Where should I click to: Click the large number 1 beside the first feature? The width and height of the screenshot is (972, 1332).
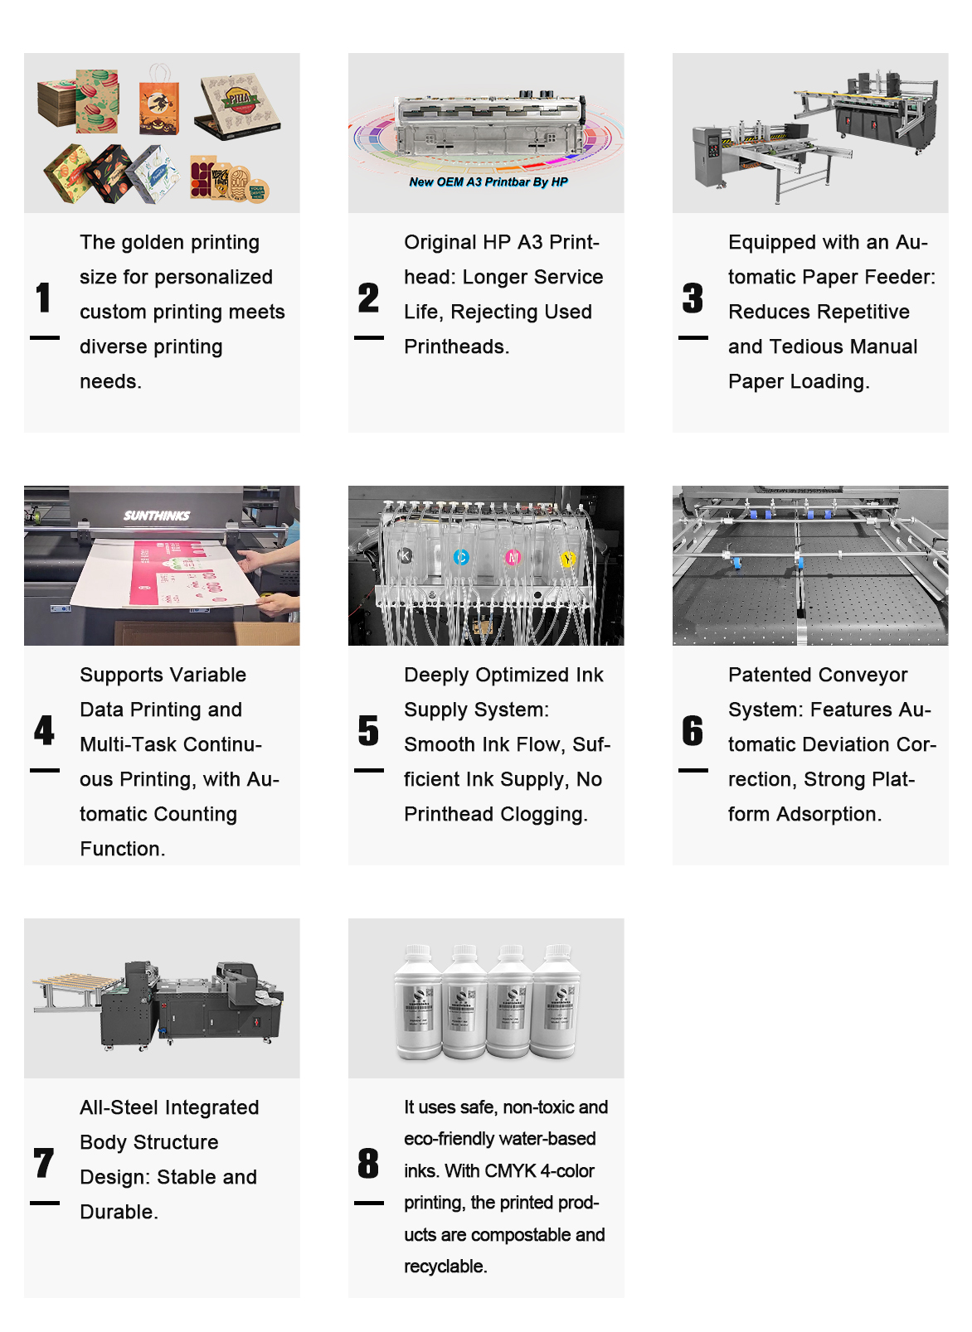(44, 298)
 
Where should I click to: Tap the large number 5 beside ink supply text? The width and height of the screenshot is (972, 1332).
(368, 730)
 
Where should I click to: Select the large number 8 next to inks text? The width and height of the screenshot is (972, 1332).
(368, 1163)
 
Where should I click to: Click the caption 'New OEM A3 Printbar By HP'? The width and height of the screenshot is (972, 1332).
(488, 182)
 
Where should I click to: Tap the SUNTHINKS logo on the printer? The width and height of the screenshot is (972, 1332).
(157, 516)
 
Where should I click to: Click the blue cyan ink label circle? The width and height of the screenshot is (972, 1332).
(461, 558)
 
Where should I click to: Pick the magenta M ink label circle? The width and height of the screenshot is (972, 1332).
(513, 558)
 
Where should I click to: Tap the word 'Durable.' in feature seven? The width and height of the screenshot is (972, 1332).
(119, 1213)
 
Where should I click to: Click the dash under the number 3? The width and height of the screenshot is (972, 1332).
(693, 338)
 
